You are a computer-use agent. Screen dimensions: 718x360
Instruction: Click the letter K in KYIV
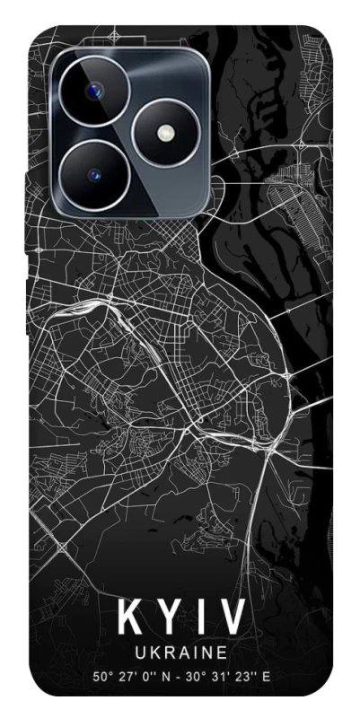point(130,617)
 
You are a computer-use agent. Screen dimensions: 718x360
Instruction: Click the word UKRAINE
point(180,651)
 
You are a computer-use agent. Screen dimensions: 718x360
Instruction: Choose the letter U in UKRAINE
point(139,651)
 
